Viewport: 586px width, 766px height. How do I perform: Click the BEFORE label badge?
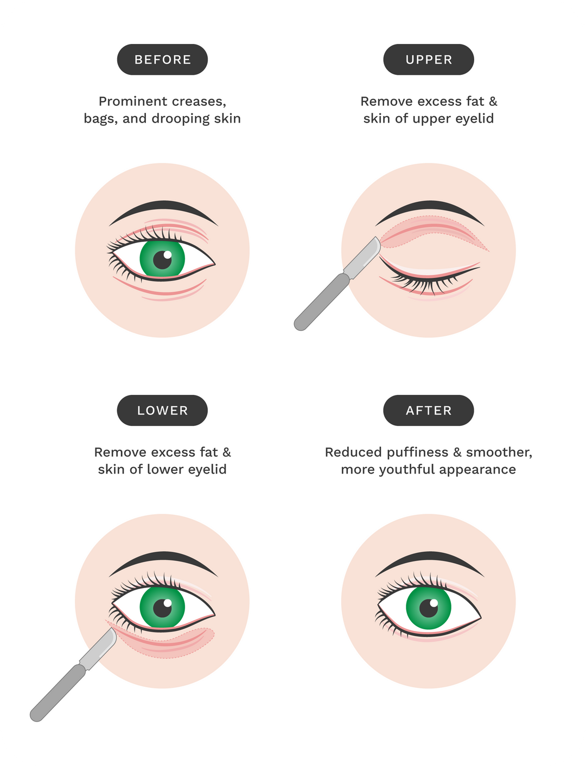coord(162,60)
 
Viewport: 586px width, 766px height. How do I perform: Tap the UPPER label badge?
coord(429,60)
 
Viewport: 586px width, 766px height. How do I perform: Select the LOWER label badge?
coord(162,411)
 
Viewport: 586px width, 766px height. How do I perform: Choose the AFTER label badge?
coord(429,411)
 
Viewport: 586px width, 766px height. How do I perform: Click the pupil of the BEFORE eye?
coord(162,259)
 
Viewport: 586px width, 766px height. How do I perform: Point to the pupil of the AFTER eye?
coord(429,608)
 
